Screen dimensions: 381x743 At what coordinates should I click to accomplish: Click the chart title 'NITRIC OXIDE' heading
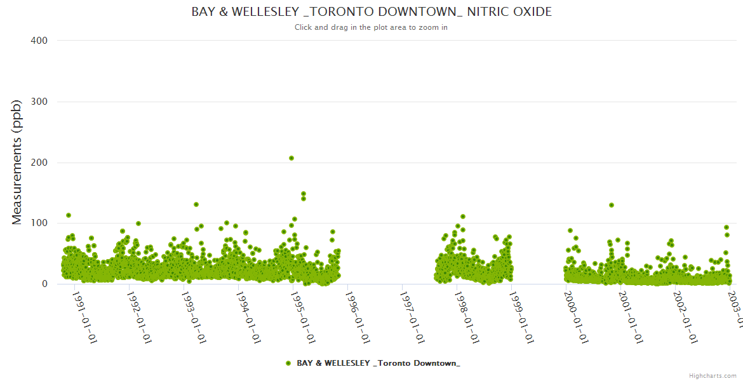click(x=371, y=12)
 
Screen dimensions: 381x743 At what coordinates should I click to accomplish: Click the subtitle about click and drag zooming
click(x=371, y=27)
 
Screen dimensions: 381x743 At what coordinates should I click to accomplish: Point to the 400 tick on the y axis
click(x=39, y=41)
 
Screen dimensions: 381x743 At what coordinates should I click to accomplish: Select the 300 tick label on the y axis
click(x=39, y=102)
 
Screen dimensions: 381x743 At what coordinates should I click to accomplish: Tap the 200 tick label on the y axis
click(x=39, y=163)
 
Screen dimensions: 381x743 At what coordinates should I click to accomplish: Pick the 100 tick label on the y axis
click(x=39, y=224)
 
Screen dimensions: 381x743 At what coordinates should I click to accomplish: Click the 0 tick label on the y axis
click(x=44, y=284)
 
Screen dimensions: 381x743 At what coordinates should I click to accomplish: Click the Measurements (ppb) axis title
click(x=17, y=162)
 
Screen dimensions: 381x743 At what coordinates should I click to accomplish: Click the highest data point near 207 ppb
click(x=291, y=158)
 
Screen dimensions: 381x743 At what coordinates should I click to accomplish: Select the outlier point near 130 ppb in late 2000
click(x=612, y=205)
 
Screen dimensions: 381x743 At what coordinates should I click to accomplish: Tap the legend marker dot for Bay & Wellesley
click(x=288, y=363)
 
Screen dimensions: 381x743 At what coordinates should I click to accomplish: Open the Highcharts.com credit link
click(x=713, y=375)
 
